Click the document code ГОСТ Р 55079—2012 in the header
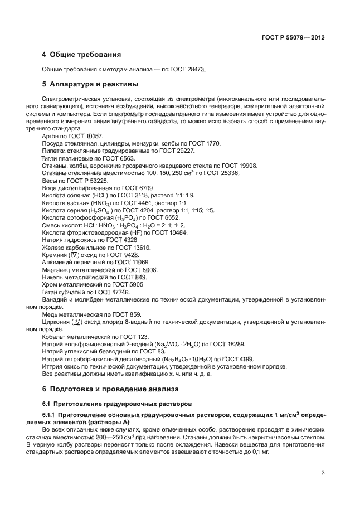pos(293,38)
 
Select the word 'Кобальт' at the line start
pos(53,337)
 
